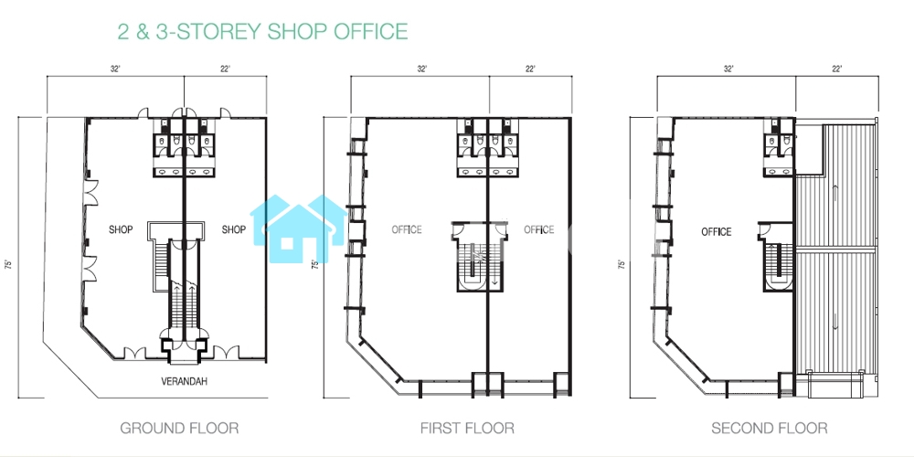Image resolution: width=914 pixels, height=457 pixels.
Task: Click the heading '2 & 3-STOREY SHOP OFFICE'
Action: tap(262, 31)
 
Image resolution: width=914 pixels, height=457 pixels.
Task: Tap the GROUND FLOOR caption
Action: tap(179, 429)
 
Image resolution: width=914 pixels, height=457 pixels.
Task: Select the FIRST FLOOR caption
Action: tap(467, 429)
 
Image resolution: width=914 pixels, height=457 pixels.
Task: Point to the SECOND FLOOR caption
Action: tap(769, 429)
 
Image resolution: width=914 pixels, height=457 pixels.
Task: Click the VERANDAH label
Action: tap(185, 382)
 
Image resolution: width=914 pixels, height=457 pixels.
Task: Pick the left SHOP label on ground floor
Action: tap(121, 229)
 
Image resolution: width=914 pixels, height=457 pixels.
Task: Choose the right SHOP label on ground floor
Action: tap(234, 229)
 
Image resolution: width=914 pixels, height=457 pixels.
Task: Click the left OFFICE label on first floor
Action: tap(407, 229)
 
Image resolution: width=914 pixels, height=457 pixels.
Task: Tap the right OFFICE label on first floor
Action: tap(538, 229)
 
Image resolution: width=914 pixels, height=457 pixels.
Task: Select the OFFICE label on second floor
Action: tap(716, 232)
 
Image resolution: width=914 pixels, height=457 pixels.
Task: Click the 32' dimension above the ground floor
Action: tap(115, 69)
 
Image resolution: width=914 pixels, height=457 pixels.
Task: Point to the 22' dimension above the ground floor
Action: tap(225, 69)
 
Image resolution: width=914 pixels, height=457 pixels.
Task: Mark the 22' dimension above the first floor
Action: tap(530, 69)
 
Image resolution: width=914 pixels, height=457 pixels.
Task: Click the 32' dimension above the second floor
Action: tap(728, 69)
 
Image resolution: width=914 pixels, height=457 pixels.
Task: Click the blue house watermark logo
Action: tap(299, 228)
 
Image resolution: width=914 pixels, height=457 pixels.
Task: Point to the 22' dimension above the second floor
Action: tap(837, 69)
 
